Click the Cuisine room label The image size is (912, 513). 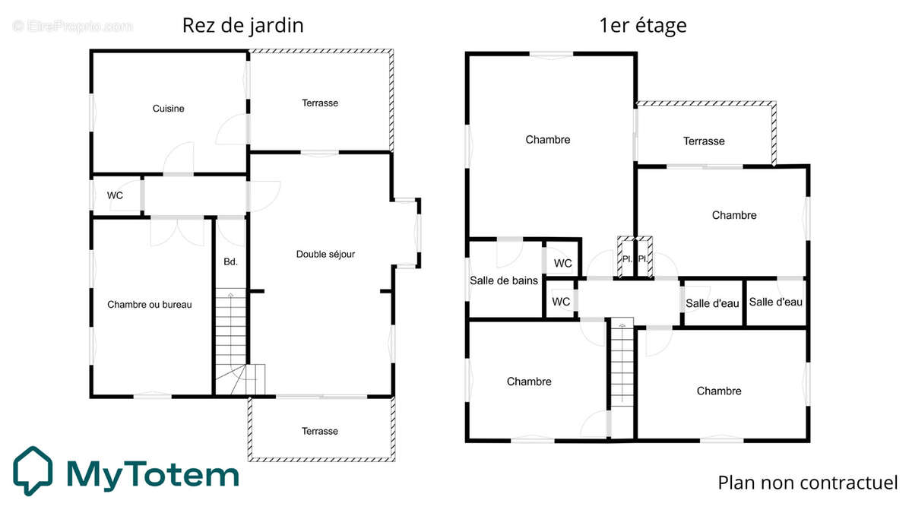(168, 109)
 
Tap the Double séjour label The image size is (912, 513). (325, 254)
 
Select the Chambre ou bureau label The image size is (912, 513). (149, 305)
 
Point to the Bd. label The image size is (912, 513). (230, 262)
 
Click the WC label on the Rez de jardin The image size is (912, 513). (115, 195)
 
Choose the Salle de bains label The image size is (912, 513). (504, 280)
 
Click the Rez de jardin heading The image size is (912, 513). (242, 25)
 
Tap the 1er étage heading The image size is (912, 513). (643, 25)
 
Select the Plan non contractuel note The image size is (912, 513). (807, 483)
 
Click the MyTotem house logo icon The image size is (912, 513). (33, 470)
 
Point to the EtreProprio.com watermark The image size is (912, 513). (72, 26)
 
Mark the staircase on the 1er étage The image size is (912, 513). (622, 363)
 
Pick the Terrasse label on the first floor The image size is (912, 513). (704, 141)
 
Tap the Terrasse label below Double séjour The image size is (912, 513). (319, 431)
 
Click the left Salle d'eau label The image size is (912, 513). (712, 303)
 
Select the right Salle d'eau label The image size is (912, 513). (775, 302)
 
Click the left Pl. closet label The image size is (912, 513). (627, 258)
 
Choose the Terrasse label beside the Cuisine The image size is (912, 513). (319, 103)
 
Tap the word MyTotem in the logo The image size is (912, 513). (152, 473)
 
